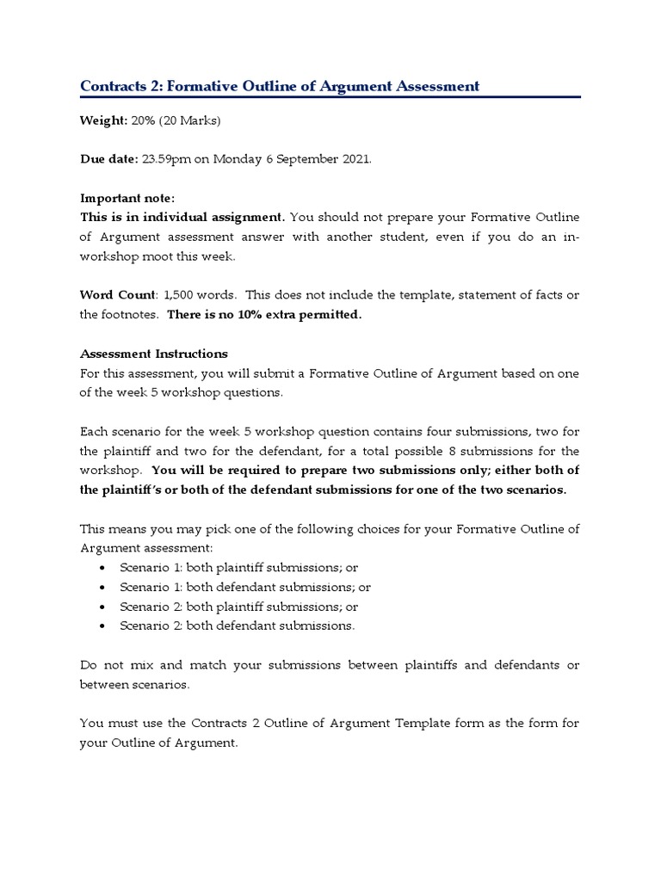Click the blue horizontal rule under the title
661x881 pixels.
pyautogui.click(x=330, y=97)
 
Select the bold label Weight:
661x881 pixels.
pyautogui.click(x=103, y=120)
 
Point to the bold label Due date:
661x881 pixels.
pyautogui.click(x=108, y=159)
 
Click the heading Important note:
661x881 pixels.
pyautogui.click(x=127, y=198)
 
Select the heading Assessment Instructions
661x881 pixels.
pyautogui.click(x=154, y=353)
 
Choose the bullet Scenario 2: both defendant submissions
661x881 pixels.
pyautogui.click(x=237, y=625)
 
